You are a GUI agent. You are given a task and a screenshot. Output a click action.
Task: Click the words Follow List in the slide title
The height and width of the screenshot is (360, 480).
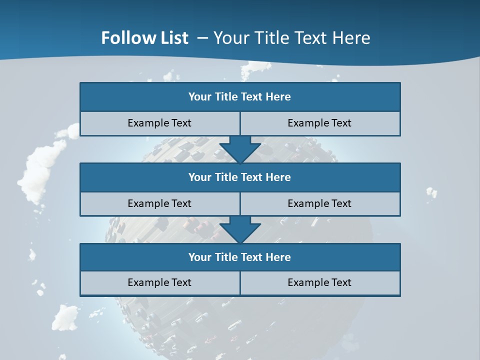point(144,38)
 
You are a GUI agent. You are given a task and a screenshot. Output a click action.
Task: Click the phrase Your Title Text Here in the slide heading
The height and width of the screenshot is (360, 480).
point(292,38)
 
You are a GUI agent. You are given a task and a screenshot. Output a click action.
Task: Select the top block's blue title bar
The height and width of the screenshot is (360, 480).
point(240,97)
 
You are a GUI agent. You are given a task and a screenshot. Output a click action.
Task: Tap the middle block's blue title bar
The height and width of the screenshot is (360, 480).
point(240,177)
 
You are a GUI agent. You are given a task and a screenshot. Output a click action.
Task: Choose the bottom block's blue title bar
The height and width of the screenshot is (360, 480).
point(240,257)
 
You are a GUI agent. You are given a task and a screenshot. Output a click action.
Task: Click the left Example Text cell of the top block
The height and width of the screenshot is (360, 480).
point(159,123)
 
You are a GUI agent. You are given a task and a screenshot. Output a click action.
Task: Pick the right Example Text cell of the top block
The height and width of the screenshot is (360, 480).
point(319,123)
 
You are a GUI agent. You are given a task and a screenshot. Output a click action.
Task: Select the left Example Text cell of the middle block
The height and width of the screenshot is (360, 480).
point(159,203)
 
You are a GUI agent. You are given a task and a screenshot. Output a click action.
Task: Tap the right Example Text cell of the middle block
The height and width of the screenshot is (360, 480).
point(319,203)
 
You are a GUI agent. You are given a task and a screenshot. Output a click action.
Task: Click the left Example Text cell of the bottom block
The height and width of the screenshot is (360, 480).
point(159,282)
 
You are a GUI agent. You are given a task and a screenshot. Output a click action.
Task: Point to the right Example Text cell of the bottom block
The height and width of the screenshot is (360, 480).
point(319,282)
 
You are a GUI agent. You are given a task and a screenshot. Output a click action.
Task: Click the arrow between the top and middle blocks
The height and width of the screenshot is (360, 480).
point(240,149)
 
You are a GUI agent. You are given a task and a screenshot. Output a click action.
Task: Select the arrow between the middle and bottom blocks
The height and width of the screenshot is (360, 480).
point(240,229)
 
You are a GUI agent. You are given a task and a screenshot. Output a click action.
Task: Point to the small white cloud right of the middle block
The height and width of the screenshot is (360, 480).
point(431,192)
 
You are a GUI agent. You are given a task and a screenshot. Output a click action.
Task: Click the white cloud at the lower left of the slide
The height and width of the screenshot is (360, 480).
point(65,317)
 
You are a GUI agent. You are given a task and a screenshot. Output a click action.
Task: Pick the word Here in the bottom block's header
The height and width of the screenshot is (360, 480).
point(278,257)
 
